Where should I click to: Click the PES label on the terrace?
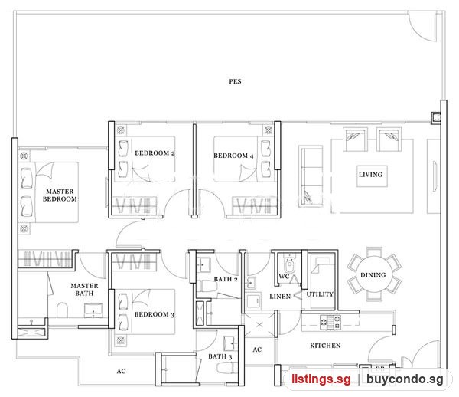(x=235, y=81)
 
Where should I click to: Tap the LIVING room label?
(x=370, y=175)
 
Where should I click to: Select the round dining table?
(x=373, y=274)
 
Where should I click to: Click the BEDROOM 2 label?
(x=155, y=153)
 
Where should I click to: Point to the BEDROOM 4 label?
(x=233, y=156)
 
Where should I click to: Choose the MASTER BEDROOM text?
(x=60, y=195)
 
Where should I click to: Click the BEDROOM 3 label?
(x=155, y=314)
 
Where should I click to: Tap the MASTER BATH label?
(x=84, y=290)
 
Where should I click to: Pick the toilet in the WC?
(x=289, y=264)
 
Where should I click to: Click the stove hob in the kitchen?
(x=330, y=322)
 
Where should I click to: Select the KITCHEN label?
(x=325, y=346)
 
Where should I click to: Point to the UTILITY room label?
(x=320, y=294)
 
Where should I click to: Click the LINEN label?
(x=280, y=297)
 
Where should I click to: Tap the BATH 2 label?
(x=226, y=279)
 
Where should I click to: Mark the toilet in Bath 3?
(x=227, y=367)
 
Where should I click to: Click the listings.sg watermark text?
(x=321, y=379)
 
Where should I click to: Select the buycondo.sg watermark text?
(x=405, y=379)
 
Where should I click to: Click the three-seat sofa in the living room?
(x=311, y=176)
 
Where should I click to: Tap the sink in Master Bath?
(x=93, y=310)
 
